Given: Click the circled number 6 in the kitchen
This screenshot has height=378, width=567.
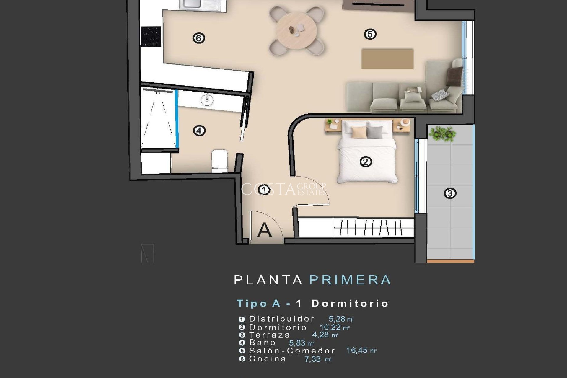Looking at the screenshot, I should pyautogui.click(x=198, y=38).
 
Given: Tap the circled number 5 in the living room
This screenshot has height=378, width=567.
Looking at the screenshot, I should pyautogui.click(x=370, y=34).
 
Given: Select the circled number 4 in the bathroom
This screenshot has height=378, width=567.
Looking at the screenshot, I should pyautogui.click(x=199, y=131).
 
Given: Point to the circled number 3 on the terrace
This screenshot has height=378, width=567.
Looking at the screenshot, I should pyautogui.click(x=450, y=193).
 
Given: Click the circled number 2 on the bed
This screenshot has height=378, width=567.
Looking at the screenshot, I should pyautogui.click(x=366, y=162).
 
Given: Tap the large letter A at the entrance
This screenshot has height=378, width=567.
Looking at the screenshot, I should pyautogui.click(x=264, y=230).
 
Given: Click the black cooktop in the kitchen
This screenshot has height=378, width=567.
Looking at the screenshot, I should pyautogui.click(x=151, y=37).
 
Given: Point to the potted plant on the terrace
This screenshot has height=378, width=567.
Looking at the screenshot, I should pyautogui.click(x=442, y=134).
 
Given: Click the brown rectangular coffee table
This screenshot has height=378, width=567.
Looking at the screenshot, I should pyautogui.click(x=387, y=59).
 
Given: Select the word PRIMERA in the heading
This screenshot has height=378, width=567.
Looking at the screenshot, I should pyautogui.click(x=350, y=280).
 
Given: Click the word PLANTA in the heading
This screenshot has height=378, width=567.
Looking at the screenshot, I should pyautogui.click(x=268, y=280).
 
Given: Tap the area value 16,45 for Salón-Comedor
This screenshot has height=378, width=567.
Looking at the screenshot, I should pyautogui.click(x=357, y=351).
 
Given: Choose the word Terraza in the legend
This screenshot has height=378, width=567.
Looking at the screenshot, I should pyautogui.click(x=269, y=335).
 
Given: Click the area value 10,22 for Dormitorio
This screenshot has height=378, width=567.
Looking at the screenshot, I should pyautogui.click(x=330, y=327).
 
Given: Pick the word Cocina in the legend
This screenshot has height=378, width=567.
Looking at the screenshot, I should pyautogui.click(x=268, y=359).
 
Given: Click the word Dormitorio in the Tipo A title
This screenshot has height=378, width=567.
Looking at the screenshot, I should pyautogui.click(x=350, y=304).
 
